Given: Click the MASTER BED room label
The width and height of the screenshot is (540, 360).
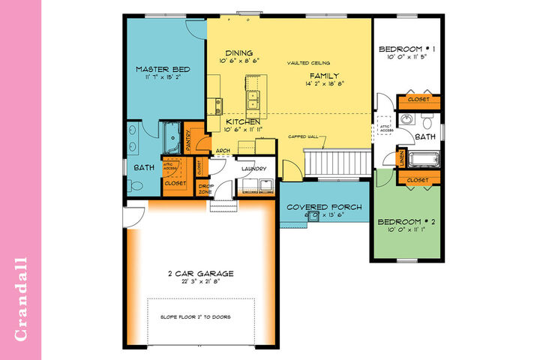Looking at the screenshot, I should [x=163, y=69].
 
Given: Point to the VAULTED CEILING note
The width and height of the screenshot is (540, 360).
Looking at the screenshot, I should [x=308, y=63].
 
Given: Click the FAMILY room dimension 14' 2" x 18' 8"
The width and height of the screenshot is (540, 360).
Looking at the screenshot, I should [x=324, y=85].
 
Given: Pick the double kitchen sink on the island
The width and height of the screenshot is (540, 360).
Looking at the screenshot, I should [x=253, y=96].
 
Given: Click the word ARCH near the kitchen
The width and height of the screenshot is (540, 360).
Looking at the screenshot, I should [x=222, y=150].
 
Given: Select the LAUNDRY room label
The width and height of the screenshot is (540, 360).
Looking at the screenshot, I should [x=254, y=169].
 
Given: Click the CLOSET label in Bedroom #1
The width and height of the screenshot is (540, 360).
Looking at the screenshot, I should [x=418, y=100].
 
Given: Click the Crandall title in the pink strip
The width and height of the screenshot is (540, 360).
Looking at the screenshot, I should [x=21, y=300].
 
